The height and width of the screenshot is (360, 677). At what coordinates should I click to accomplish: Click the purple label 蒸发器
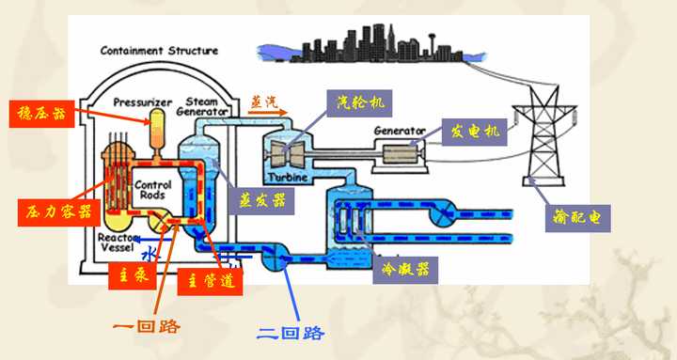click(x=255, y=200)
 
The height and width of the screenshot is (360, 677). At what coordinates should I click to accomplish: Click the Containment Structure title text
click(x=159, y=51)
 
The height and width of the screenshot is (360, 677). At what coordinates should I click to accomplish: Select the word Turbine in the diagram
click(x=287, y=177)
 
